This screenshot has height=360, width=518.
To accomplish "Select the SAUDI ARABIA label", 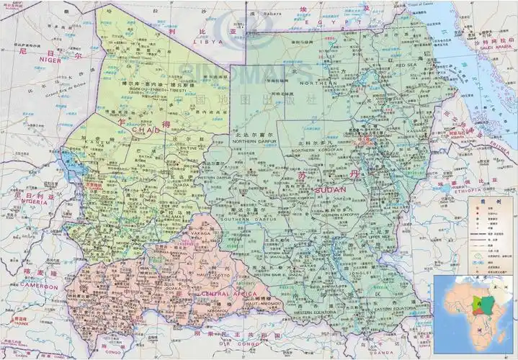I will [496, 49].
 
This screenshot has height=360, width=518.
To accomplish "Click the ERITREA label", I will [476, 141].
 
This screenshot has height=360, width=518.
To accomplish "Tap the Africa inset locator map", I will [474, 311].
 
